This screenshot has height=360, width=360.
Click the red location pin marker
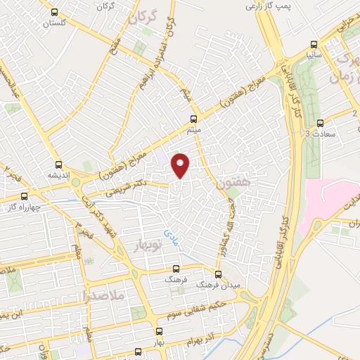pyautogui.click(x=181, y=165)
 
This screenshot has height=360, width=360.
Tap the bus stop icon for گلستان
pyautogui.click(x=55, y=12)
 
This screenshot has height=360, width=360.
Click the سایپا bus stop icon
pyautogui.click(x=312, y=41)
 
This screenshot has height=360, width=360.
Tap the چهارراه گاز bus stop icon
pyautogui.click(x=25, y=196)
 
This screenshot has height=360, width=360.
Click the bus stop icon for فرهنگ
pyautogui.click(x=176, y=268)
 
